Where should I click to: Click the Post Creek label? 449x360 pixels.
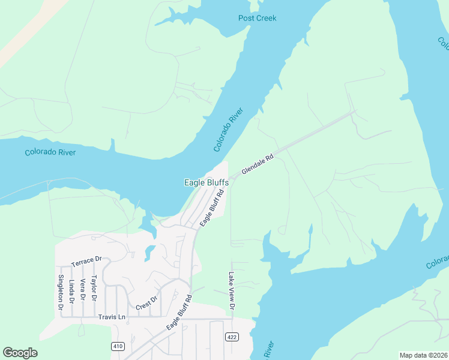[x=257, y=18]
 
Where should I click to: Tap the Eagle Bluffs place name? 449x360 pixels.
[x=206, y=182]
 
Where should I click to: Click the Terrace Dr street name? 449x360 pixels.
[x=86, y=262]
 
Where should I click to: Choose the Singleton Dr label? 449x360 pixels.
[x=61, y=292]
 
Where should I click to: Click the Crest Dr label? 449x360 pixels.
[x=146, y=304]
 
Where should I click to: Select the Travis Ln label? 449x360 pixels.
[x=113, y=317]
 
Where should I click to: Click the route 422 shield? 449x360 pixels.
[x=231, y=337]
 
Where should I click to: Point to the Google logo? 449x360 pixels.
[x=20, y=353]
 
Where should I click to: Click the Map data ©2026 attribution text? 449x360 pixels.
[x=423, y=355]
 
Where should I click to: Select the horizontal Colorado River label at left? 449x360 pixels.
[x=50, y=152]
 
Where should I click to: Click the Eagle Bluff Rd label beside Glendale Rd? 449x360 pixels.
[x=212, y=208]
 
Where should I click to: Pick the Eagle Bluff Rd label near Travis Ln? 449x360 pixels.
[x=179, y=312]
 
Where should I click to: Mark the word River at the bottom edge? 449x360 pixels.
[x=268, y=351]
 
